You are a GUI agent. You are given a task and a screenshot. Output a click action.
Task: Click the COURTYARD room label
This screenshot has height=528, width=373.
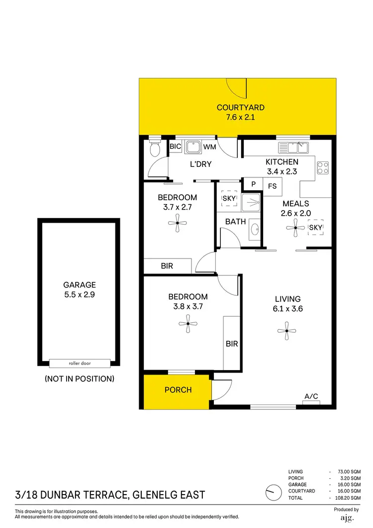[x=241, y=107]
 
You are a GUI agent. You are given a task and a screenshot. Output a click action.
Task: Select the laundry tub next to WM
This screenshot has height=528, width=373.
[x=192, y=146]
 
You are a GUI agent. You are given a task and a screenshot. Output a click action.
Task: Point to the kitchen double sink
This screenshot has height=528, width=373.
[x=293, y=147]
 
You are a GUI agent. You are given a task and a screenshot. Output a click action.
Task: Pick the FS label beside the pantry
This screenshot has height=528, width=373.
[x=272, y=186]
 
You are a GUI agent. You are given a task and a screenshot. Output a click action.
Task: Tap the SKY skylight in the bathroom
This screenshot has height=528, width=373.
[x=229, y=198]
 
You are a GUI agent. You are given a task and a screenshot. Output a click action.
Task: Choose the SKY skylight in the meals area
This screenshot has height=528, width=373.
[x=316, y=228]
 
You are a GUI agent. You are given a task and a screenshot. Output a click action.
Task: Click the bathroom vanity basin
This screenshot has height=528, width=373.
[x=255, y=230]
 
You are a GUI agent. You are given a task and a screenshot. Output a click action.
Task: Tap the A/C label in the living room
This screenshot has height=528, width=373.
[x=311, y=396]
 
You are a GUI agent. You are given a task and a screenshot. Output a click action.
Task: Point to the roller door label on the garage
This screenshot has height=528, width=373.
[x=80, y=363]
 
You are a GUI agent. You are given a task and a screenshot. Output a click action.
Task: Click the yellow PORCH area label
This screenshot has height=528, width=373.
[x=178, y=390]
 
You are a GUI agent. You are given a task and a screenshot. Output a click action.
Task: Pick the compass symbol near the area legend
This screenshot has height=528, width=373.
[x=272, y=493]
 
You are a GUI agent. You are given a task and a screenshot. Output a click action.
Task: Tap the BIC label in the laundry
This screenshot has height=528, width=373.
[x=175, y=146]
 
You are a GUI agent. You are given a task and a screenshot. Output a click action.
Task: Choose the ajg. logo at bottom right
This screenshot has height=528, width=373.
[x=347, y=518]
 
